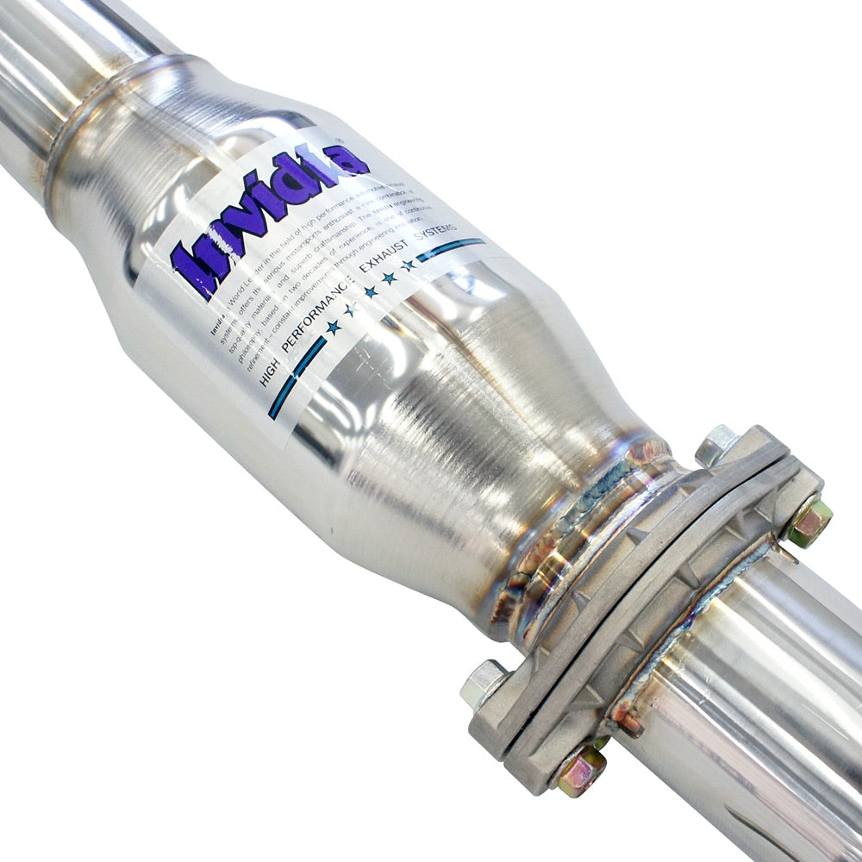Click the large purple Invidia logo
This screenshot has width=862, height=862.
pyautogui.click(x=267, y=215)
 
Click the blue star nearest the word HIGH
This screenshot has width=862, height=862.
pyautogui.click(x=333, y=327)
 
